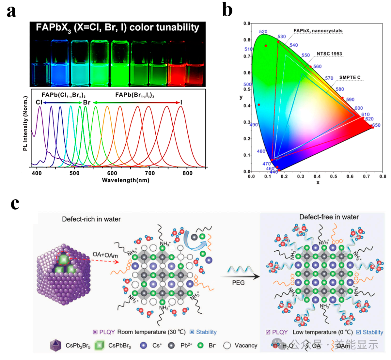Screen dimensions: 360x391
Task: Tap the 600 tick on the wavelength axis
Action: click(x=112, y=173)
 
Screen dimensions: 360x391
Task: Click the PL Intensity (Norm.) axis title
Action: click(x=25, y=123)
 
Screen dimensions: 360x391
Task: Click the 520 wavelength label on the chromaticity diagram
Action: click(x=264, y=32)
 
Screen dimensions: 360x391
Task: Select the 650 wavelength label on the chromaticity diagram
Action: click(x=376, y=125)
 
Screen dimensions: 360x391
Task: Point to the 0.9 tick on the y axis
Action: click(x=247, y=24)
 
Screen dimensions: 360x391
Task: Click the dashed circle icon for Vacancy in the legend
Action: click(x=228, y=345)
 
